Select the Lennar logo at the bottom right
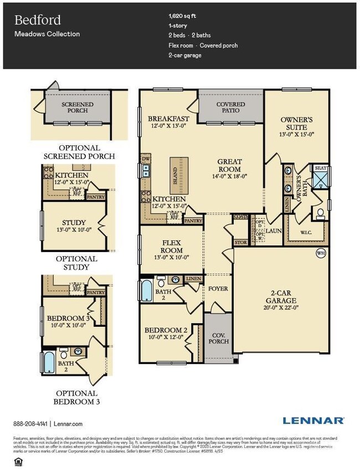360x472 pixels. [313, 420]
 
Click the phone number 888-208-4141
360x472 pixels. [31, 424]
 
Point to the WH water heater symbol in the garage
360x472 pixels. [321, 253]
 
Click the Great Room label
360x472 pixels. [229, 165]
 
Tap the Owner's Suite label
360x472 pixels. [297, 123]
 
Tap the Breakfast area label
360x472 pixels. [168, 119]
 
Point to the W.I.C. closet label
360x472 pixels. [305, 233]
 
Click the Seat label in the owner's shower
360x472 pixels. [321, 168]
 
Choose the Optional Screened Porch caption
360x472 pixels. [79, 152]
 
